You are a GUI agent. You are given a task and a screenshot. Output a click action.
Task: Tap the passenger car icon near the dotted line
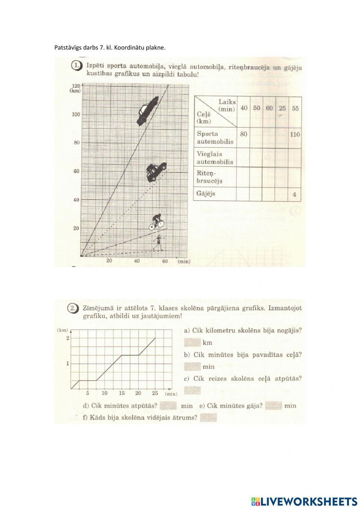156,171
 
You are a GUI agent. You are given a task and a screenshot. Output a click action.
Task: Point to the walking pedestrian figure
157,243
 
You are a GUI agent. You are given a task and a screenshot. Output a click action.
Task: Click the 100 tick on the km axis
76,115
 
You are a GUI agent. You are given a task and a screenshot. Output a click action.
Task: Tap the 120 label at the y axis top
76,86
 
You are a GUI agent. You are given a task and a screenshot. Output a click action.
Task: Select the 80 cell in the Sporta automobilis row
244,134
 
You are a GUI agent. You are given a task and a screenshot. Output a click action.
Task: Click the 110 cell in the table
295,134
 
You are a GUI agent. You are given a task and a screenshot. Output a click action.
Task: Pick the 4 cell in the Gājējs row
294,195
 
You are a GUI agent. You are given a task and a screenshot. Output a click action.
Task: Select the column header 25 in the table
282,108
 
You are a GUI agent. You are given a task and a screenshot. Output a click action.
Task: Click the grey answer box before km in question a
192,342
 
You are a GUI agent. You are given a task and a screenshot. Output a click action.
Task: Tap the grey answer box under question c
192,390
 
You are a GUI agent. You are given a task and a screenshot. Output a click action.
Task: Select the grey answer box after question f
208,418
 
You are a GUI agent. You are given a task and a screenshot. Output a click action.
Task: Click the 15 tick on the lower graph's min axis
122,393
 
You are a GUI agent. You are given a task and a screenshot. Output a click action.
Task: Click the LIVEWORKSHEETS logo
304,501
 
